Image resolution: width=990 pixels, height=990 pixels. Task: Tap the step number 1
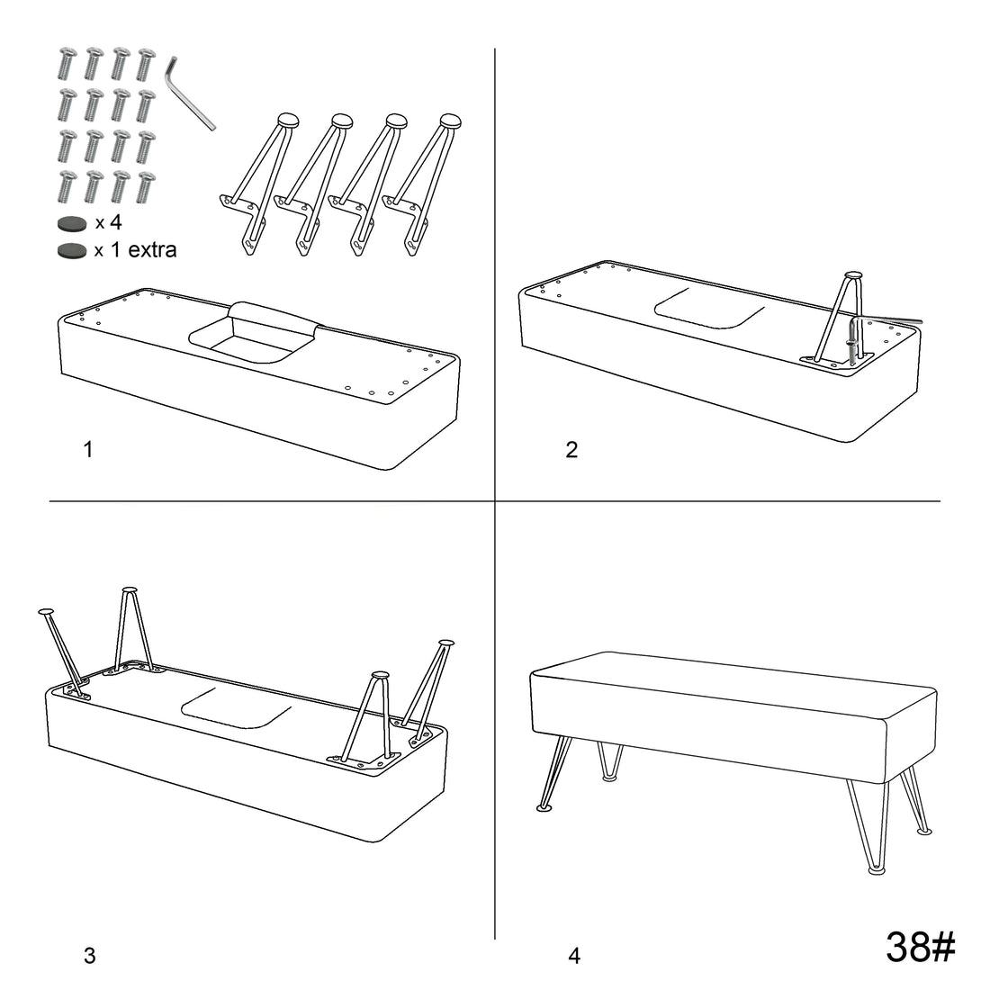coord(88,449)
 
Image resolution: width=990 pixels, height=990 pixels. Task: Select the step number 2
coord(571,449)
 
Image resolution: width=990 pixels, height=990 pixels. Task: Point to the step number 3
coord(90,955)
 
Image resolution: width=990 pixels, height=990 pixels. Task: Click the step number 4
coord(574,955)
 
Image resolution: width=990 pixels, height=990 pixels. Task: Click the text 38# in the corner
coord(921,947)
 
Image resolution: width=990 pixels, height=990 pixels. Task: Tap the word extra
coord(152,250)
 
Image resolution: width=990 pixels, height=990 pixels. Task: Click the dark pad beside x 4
coord(72,223)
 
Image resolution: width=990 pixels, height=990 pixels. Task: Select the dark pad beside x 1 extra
coord(72,251)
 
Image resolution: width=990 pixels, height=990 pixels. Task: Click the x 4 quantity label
coord(109,222)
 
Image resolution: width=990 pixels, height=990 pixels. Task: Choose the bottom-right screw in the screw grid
coord(146,187)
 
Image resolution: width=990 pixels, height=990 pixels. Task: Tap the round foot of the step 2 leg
coord(852,275)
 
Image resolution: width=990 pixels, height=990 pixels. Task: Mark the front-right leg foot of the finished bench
coord(877,870)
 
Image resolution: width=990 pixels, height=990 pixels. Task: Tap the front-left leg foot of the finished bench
coord(544,807)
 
